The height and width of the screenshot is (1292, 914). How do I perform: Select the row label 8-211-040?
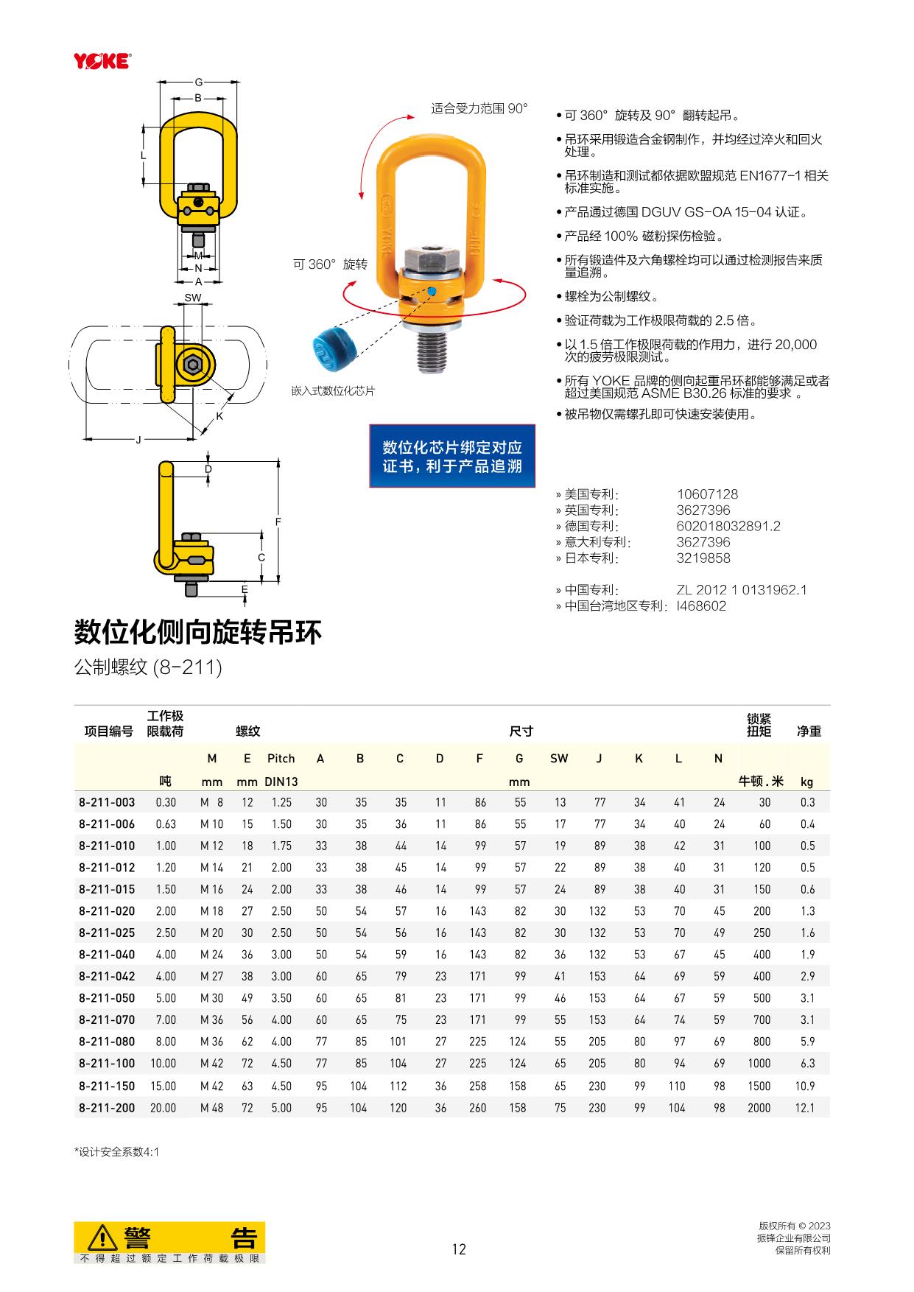point(107,955)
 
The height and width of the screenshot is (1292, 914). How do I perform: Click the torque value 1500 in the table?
point(759,1086)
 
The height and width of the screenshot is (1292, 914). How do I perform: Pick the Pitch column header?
point(281,759)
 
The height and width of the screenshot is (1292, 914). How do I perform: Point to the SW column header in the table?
point(559,759)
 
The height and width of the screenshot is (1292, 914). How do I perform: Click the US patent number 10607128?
point(707,494)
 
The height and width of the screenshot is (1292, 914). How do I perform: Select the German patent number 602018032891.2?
point(728,526)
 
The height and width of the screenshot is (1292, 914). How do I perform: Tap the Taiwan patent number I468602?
point(701,606)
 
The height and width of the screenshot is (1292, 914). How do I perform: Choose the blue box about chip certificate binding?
point(452,456)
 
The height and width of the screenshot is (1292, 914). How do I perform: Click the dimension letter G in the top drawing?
point(199,82)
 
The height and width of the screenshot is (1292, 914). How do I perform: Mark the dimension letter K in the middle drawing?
point(219,417)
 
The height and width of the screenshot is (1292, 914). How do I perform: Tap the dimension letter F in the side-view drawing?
point(278,522)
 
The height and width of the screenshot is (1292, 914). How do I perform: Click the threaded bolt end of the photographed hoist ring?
point(432,352)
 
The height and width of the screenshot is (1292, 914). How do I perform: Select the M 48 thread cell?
point(212,1108)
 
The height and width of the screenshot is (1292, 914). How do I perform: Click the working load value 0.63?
point(166,824)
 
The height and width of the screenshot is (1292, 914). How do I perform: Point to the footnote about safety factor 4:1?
point(116,1152)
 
